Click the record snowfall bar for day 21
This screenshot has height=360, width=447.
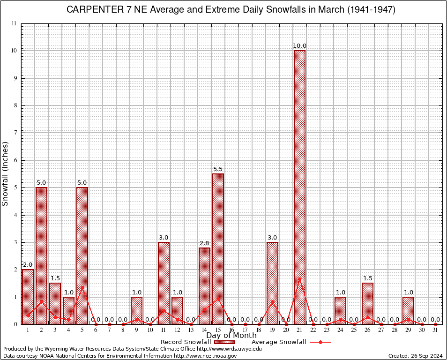pyautogui.click(x=299, y=187)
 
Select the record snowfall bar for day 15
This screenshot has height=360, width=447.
pyautogui.click(x=218, y=249)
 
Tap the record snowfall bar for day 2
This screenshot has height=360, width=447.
pyautogui.click(x=41, y=255)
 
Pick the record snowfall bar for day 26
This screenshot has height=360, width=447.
pyautogui.click(x=367, y=303)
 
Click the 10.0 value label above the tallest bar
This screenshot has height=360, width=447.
pyautogui.click(x=299, y=46)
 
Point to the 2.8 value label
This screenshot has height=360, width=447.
pyautogui.click(x=204, y=243)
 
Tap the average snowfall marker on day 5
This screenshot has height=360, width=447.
pyautogui.click(x=82, y=287)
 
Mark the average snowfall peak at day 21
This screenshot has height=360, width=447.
pyautogui.click(x=299, y=278)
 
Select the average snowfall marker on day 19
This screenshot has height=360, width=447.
pyautogui.click(x=272, y=301)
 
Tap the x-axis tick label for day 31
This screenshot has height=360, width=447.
pyautogui.click(x=435, y=330)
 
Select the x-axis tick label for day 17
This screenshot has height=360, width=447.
pyautogui.click(x=245, y=330)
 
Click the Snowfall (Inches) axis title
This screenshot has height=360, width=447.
pyautogui.click(x=6, y=173)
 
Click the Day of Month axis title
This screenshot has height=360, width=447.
pyautogui.click(x=231, y=335)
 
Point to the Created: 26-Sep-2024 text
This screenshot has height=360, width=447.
pyautogui.click(x=415, y=356)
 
